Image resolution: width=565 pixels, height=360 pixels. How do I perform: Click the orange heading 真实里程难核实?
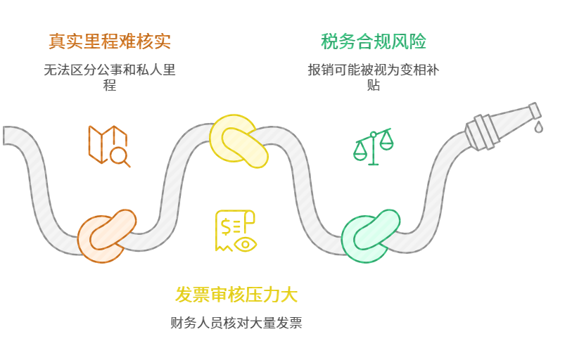coord(109,41)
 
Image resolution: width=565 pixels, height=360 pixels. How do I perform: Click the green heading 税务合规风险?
coord(374,41)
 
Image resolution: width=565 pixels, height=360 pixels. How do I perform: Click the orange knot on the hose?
coord(106,236)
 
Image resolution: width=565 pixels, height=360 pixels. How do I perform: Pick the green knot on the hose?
coord(369,236)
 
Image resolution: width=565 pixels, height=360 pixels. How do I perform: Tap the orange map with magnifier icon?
coord(108,146)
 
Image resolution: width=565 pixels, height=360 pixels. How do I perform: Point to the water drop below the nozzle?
coord(538,127)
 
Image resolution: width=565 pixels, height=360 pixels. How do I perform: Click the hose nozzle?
coord(501,124)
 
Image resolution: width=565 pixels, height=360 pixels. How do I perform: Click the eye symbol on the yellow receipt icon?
coord(246,244)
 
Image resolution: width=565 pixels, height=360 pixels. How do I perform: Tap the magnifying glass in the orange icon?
coord(120,156)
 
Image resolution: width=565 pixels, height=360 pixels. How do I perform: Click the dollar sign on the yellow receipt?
coord(227,226)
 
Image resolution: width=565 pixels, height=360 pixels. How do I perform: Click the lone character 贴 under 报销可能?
coord(374,85)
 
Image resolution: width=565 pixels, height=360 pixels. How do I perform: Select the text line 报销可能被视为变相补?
coord(374,70)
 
